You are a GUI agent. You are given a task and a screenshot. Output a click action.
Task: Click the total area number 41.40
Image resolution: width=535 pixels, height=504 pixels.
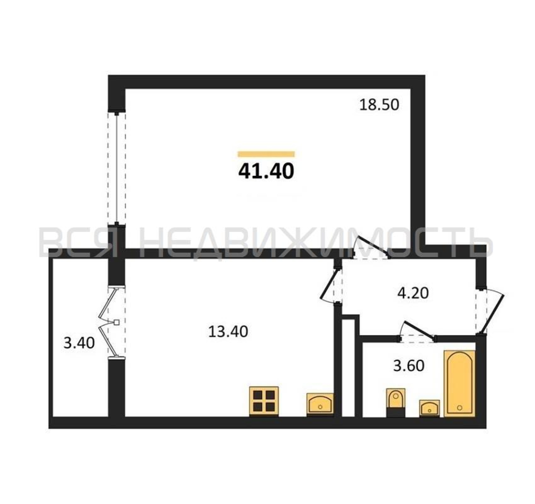point(266,171)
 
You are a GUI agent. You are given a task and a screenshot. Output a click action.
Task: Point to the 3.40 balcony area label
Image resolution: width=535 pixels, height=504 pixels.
point(79,343)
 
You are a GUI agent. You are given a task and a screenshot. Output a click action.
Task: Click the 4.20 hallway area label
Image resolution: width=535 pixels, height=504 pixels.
point(413,293)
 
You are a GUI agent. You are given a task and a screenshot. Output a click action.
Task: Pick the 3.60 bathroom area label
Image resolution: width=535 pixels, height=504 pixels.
point(409,366)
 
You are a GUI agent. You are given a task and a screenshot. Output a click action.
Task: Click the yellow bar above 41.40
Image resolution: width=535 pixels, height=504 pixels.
point(266,154)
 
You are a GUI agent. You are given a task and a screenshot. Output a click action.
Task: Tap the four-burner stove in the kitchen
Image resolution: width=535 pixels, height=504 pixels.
point(264,401)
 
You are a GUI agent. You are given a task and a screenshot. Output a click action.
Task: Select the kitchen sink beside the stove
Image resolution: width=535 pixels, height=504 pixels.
point(320,405)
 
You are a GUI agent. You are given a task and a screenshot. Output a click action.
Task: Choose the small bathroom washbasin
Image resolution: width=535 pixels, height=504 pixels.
point(430,408)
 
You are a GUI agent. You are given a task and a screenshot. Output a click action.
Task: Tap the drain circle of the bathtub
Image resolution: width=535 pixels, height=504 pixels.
point(459,408)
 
